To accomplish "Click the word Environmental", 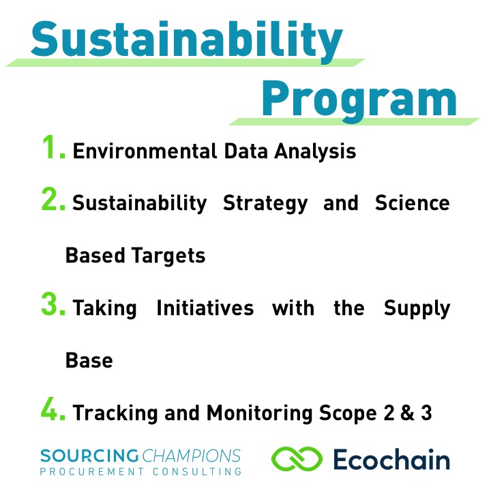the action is (x=145, y=151).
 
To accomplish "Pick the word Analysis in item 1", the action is (x=315, y=152).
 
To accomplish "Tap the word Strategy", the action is (x=265, y=204).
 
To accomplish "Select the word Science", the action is (x=413, y=203).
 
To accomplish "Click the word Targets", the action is (x=168, y=256).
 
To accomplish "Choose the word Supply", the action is (x=417, y=309).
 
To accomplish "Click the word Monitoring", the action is (x=260, y=414).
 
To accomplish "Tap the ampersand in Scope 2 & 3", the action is (x=407, y=413).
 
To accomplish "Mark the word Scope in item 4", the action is (x=348, y=414).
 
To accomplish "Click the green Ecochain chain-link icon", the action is (x=297, y=459).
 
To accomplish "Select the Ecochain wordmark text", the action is (x=391, y=459).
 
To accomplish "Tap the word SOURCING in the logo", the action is (x=89, y=456).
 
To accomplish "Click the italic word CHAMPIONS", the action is (x=192, y=456).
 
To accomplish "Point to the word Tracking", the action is (x=115, y=414).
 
